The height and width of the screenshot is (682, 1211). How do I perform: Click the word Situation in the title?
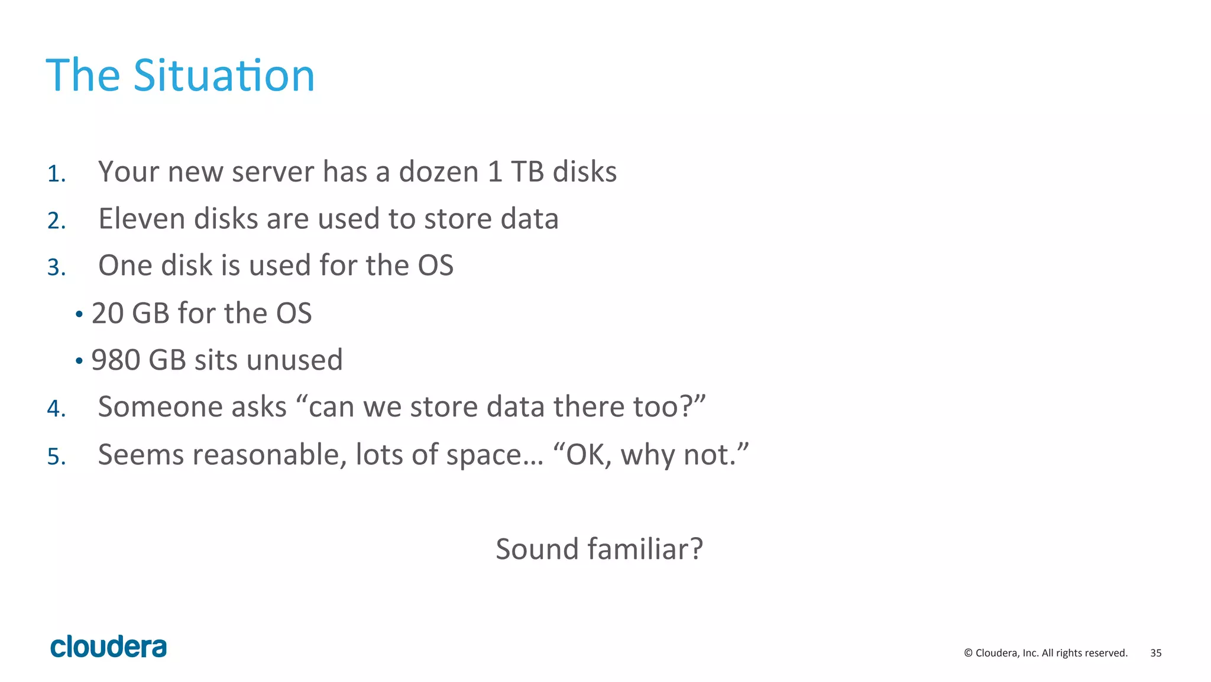[x=224, y=76]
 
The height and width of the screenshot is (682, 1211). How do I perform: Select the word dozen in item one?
[x=438, y=172]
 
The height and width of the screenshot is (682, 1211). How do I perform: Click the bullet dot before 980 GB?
[x=79, y=361]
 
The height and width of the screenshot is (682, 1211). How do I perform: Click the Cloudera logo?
[x=108, y=647]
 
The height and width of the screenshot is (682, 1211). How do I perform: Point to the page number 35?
[x=1155, y=653]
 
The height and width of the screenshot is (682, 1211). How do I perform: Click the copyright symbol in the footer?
[x=968, y=653]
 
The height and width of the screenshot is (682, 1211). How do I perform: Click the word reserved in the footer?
[x=1107, y=653]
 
